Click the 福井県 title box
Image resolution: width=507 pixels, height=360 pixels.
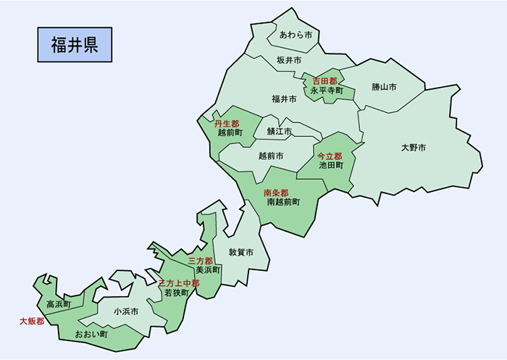pyautogui.click(x=75, y=45)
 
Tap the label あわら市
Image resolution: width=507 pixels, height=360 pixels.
pyautogui.click(x=296, y=35)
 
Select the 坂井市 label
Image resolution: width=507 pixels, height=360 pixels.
pyautogui.click(x=289, y=60)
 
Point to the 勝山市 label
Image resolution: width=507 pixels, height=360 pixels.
pyautogui.click(x=384, y=87)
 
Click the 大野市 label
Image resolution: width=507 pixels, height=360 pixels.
pyautogui.click(x=414, y=148)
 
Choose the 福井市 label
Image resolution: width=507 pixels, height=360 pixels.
pyautogui.click(x=284, y=99)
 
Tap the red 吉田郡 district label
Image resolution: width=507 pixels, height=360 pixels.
pyautogui.click(x=325, y=81)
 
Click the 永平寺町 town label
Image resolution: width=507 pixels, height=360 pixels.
pyautogui.click(x=327, y=91)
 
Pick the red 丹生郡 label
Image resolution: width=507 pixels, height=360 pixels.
pyautogui.click(x=227, y=124)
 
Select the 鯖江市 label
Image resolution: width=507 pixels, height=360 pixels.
pyautogui.click(x=279, y=132)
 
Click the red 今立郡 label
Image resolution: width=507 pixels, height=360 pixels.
pyautogui.click(x=330, y=156)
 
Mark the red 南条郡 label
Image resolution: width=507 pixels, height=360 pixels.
pyautogui.click(x=276, y=193)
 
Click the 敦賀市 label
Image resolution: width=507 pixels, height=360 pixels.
pyautogui.click(x=240, y=253)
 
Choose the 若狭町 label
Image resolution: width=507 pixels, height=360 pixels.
pyautogui.click(x=176, y=293)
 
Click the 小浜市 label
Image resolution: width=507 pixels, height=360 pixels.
pyautogui.click(x=126, y=311)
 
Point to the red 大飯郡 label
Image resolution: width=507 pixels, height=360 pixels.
pyautogui.click(x=31, y=321)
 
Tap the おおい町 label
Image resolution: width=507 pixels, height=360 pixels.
pyautogui.click(x=91, y=335)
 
